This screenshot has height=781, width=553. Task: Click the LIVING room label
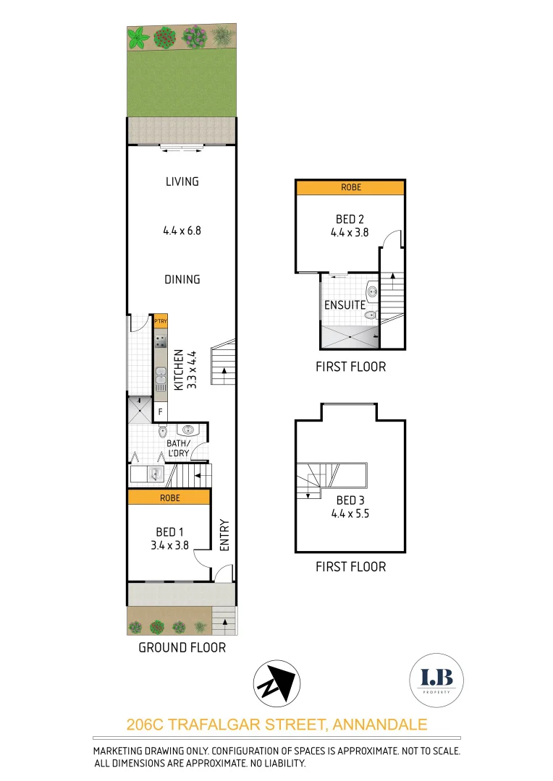[182, 182]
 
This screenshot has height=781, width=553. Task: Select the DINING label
[182, 280]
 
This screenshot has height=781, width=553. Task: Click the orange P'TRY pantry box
[160, 322]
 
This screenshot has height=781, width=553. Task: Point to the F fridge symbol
[160, 413]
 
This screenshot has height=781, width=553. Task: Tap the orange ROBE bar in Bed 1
[169, 498]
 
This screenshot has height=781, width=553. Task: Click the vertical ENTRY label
[224, 535]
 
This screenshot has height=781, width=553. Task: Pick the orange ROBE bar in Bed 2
[350, 187]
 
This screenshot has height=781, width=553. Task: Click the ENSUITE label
[345, 305]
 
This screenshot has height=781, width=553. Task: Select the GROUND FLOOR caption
[182, 647]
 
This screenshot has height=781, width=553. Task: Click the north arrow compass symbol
[276, 683]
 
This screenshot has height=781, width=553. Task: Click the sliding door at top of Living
[182, 148]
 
